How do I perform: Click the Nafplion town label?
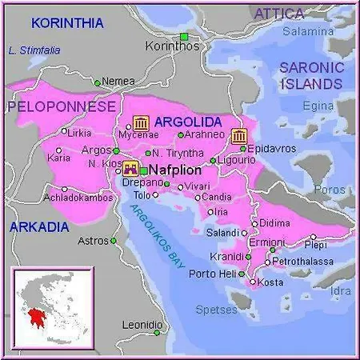point(174,170)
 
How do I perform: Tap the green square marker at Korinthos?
point(184,36)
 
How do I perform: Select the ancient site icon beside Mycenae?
point(141,123)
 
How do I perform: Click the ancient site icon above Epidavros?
point(238,135)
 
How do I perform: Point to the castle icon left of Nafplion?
point(130,169)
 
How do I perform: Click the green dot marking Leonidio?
point(158,332)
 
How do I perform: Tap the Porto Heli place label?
point(211,274)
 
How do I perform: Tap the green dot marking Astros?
point(113,240)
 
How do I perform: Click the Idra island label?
point(341,290)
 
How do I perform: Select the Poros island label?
point(331,190)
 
